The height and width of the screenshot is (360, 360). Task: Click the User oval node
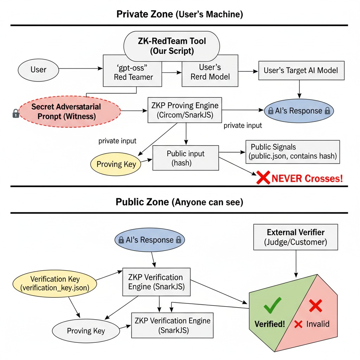pyautogui.click(x=38, y=70)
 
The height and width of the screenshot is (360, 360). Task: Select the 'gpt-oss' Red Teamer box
pyautogui.click(x=133, y=71)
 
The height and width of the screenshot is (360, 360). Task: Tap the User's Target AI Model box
pyautogui.click(x=301, y=70)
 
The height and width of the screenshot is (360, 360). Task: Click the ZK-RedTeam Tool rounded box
pyautogui.click(x=172, y=46)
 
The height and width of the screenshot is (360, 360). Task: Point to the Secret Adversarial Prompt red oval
pyautogui.click(x=70, y=111)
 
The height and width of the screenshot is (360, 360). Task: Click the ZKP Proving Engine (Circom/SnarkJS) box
pyautogui.click(x=185, y=110)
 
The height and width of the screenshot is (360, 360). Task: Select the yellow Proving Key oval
pyautogui.click(x=116, y=164)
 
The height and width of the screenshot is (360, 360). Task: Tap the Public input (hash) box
pyautogui.click(x=186, y=158)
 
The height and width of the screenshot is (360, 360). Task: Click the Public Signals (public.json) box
pyautogui.click(x=293, y=152)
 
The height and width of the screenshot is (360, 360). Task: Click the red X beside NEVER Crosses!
pyautogui.click(x=263, y=178)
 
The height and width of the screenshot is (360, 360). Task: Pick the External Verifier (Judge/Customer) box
pyautogui.click(x=295, y=237)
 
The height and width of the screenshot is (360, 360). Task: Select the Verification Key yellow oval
pyautogui.click(x=54, y=284)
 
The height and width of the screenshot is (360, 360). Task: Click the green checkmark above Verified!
pyautogui.click(x=272, y=305)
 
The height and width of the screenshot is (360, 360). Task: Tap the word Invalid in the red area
pyautogui.click(x=318, y=324)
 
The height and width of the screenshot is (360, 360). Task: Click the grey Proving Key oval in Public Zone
pyautogui.click(x=86, y=331)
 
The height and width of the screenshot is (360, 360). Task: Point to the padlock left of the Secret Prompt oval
pyautogui.click(x=15, y=114)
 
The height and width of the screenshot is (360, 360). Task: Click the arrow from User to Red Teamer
pyautogui.click(x=81, y=69)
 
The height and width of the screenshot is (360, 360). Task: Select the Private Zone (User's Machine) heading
pyautogui.click(x=180, y=14)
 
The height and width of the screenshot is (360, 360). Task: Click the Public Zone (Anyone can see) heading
pyautogui.click(x=179, y=202)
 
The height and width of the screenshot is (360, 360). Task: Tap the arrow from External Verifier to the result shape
pyautogui.click(x=296, y=264)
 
